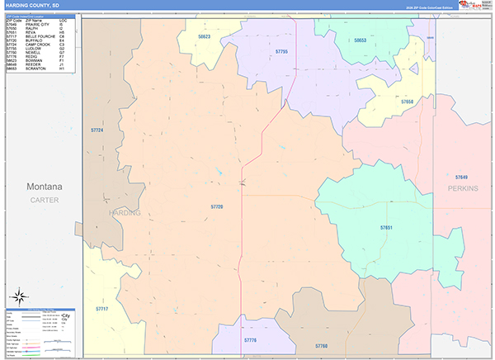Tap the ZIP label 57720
pos(217,206)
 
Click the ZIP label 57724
pos(97,130)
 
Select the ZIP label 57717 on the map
pos(101,309)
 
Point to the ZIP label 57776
pos(251,340)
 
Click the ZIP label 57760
pos(321,346)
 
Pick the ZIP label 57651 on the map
pos(386,227)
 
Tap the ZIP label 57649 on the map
pos(461,178)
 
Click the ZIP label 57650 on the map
pos(407,102)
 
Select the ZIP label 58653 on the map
pos(361,40)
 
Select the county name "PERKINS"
pos(463,188)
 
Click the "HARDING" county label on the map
pos(125,212)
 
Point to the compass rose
pos(21,296)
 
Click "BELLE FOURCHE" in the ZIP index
pos(41,36)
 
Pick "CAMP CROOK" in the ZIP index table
pos(39,45)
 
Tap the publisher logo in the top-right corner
pos(471,5)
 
